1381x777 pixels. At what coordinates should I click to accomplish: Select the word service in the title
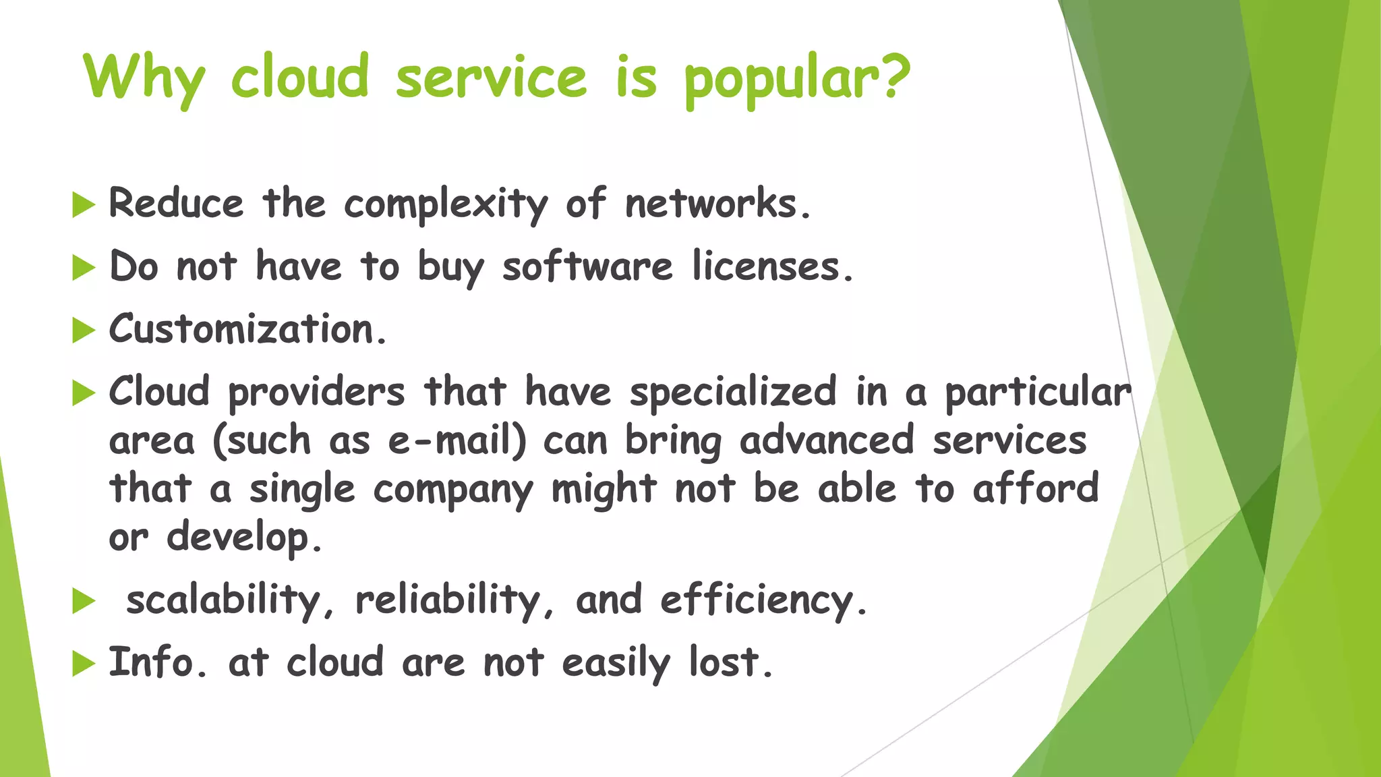(491, 78)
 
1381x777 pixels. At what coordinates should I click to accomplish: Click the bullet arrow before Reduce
(84, 204)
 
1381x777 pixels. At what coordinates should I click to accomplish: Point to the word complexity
(446, 204)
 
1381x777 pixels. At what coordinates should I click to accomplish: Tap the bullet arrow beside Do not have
(84, 268)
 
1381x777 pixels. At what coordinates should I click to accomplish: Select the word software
(587, 266)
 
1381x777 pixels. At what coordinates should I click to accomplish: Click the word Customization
(242, 329)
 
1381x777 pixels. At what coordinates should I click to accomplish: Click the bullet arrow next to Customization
(84, 330)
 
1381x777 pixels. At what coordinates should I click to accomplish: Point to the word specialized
(733, 392)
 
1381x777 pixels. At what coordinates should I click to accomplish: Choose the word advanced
(827, 440)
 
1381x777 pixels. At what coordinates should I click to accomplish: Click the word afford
(1036, 488)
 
